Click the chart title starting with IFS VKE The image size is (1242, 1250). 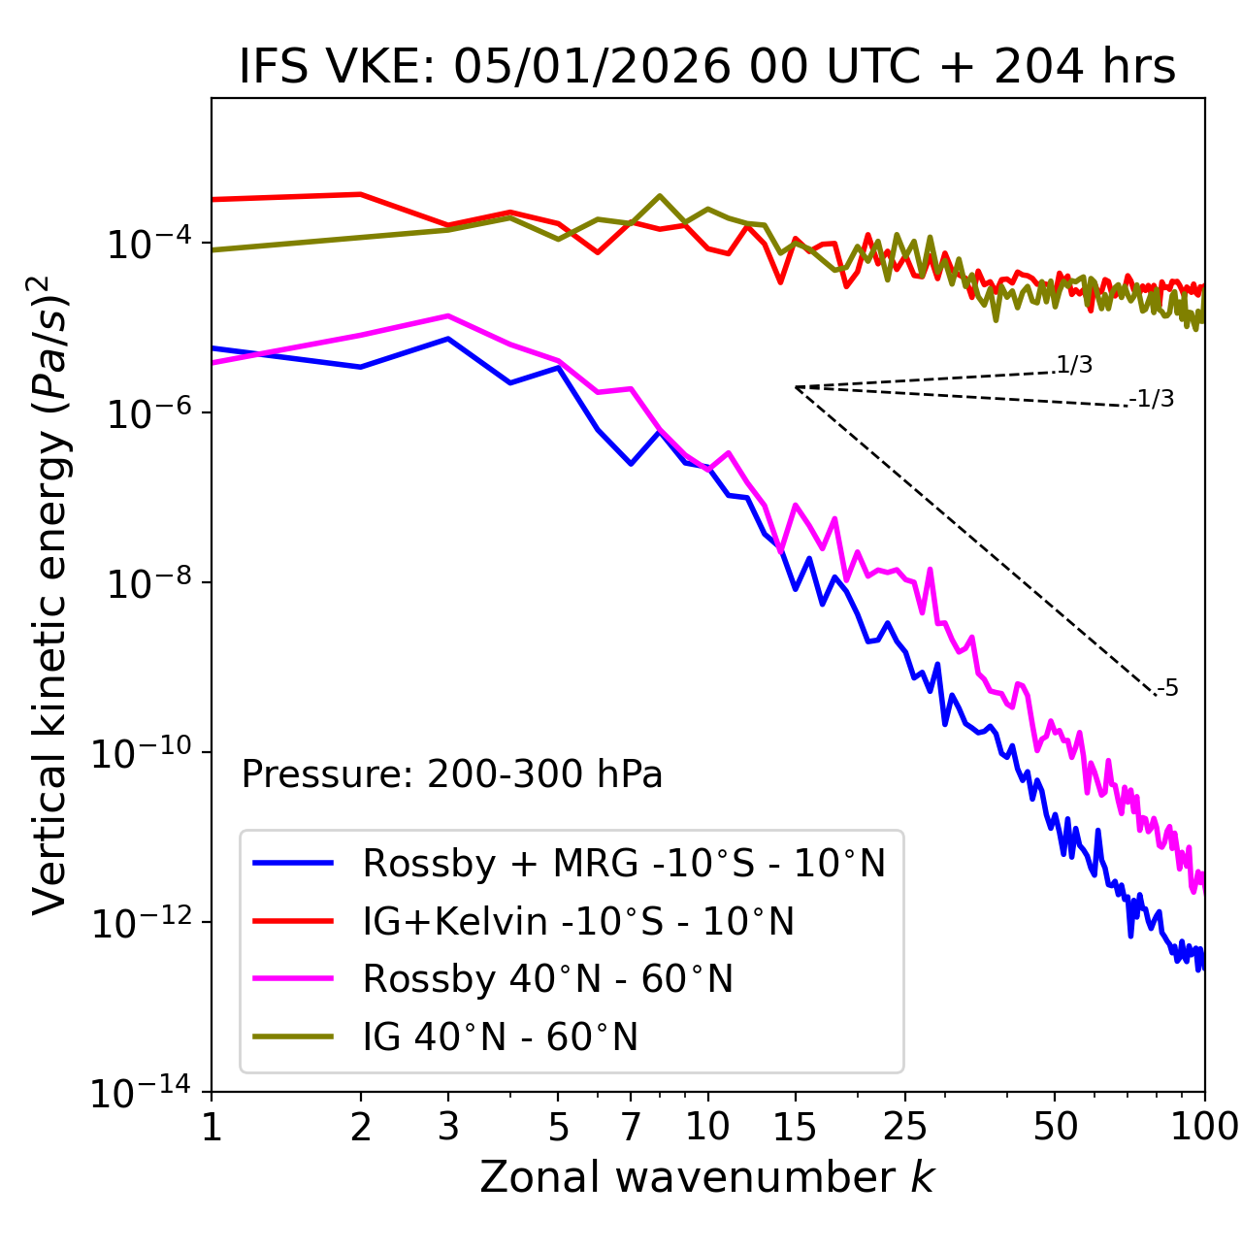pos(707,67)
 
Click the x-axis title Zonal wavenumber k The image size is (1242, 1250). pos(707,1176)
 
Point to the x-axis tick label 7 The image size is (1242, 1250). pos(631,1126)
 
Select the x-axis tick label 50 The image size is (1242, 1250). pos(1055,1126)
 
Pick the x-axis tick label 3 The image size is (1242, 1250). pos(448,1126)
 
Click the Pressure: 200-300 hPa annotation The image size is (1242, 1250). pos(451,774)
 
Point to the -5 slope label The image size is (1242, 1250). pos(1167,688)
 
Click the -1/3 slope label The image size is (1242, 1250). pos(1152,398)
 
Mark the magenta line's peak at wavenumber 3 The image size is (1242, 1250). pos(448,315)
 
